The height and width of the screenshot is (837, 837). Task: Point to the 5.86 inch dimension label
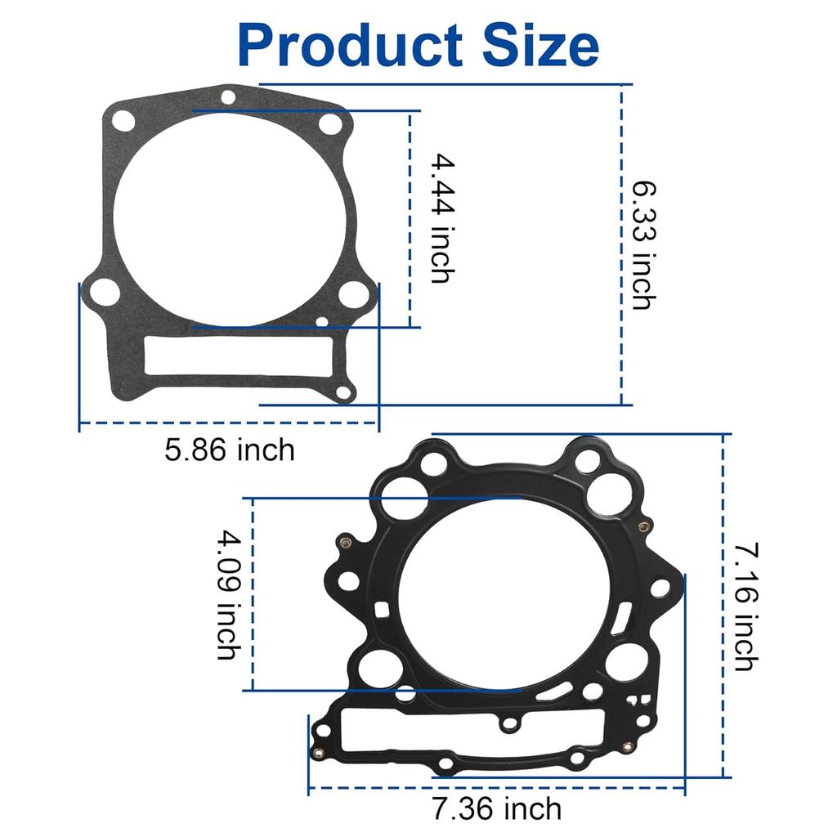pos(229,450)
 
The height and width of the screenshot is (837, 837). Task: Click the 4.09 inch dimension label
pos(228,594)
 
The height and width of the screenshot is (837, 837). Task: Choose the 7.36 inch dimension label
pos(497,809)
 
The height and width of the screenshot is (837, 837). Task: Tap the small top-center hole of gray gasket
pos(228,97)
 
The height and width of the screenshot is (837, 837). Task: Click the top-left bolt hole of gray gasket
pos(123,121)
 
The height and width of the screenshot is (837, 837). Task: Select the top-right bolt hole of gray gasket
pos(330,124)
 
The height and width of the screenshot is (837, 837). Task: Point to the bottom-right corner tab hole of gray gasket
pos(343,393)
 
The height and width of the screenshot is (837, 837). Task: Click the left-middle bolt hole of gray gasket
pos(105,291)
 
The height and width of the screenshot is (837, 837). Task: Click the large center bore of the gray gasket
pos(226,217)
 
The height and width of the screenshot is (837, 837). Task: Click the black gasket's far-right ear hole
pos(663,587)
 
